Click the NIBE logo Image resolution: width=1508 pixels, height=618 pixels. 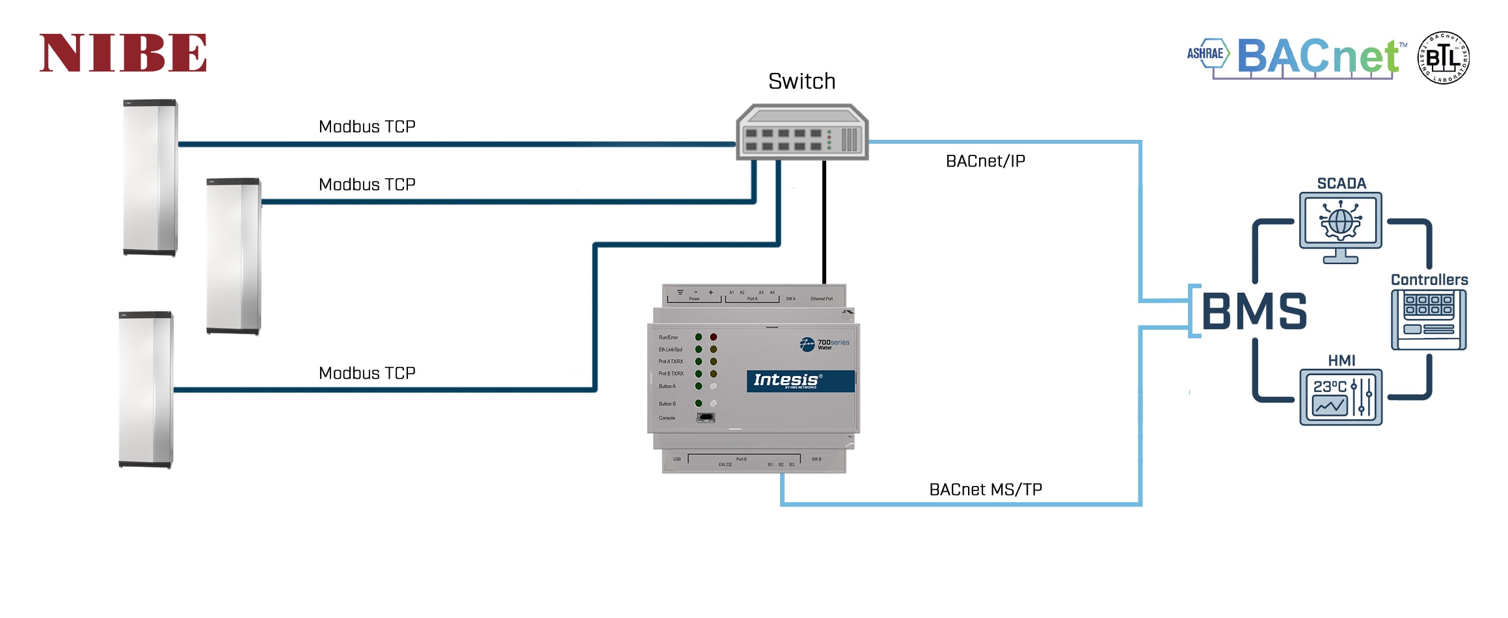coord(123,53)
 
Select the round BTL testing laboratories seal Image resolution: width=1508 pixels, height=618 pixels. coord(1443,57)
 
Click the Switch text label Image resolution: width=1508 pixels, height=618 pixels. coord(801,81)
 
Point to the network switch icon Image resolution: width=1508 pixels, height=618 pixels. coord(801,131)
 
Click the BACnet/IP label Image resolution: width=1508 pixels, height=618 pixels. coord(985,161)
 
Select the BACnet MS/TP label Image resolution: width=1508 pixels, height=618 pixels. coord(985,490)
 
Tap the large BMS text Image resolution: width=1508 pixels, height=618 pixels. coord(1254,312)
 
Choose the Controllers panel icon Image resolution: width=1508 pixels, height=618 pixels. coord(1429,319)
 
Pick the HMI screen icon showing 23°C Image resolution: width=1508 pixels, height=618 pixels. coord(1340,397)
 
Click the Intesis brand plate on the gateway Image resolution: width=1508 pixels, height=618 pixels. coord(800,381)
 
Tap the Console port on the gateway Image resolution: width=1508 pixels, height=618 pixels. coord(705,418)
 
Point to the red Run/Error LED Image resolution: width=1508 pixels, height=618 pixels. coord(714,337)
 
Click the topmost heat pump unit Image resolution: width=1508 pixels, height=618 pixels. coord(150,177)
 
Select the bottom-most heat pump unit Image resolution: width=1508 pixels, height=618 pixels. coord(146,389)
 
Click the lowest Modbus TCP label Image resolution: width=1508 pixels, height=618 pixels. coord(367,373)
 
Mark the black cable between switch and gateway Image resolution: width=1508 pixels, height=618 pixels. coord(824,221)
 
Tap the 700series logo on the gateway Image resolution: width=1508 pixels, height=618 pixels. coord(824,344)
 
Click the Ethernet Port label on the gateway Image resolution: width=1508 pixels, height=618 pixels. coord(822,299)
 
